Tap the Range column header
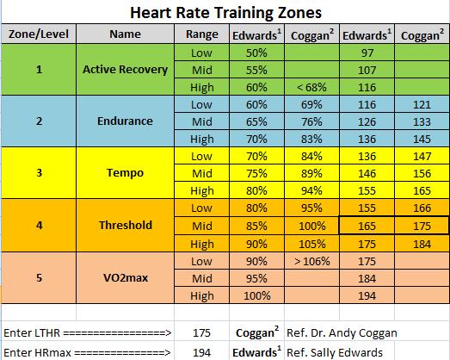tap(202, 35)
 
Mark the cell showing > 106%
tap(312, 259)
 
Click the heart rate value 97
tap(368, 53)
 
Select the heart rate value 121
tap(422, 105)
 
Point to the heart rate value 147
tap(422, 157)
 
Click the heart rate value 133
tap(422, 122)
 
